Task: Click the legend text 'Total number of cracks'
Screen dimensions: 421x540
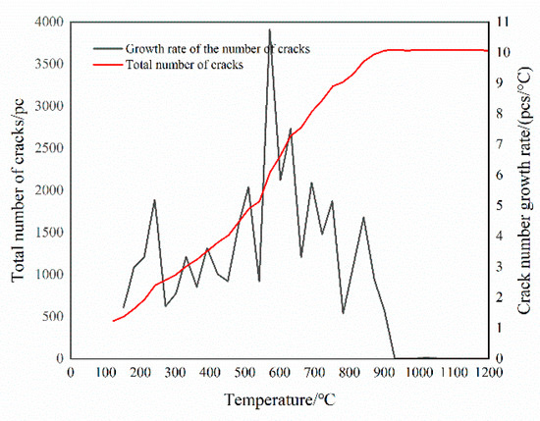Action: [185, 64]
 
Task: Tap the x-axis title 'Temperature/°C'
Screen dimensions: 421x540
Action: [279, 400]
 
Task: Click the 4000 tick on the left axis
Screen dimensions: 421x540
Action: [47, 22]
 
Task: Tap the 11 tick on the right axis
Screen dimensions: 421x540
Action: [503, 22]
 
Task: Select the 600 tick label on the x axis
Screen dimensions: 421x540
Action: [279, 373]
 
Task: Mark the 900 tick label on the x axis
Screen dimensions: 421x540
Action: [383, 373]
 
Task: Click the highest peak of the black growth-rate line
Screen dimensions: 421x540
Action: [270, 29]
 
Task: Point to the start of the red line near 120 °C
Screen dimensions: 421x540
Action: [113, 321]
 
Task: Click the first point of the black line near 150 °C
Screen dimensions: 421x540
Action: [123, 308]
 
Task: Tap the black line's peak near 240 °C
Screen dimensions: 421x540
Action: [154, 200]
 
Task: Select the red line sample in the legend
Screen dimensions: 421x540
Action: [107, 64]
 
